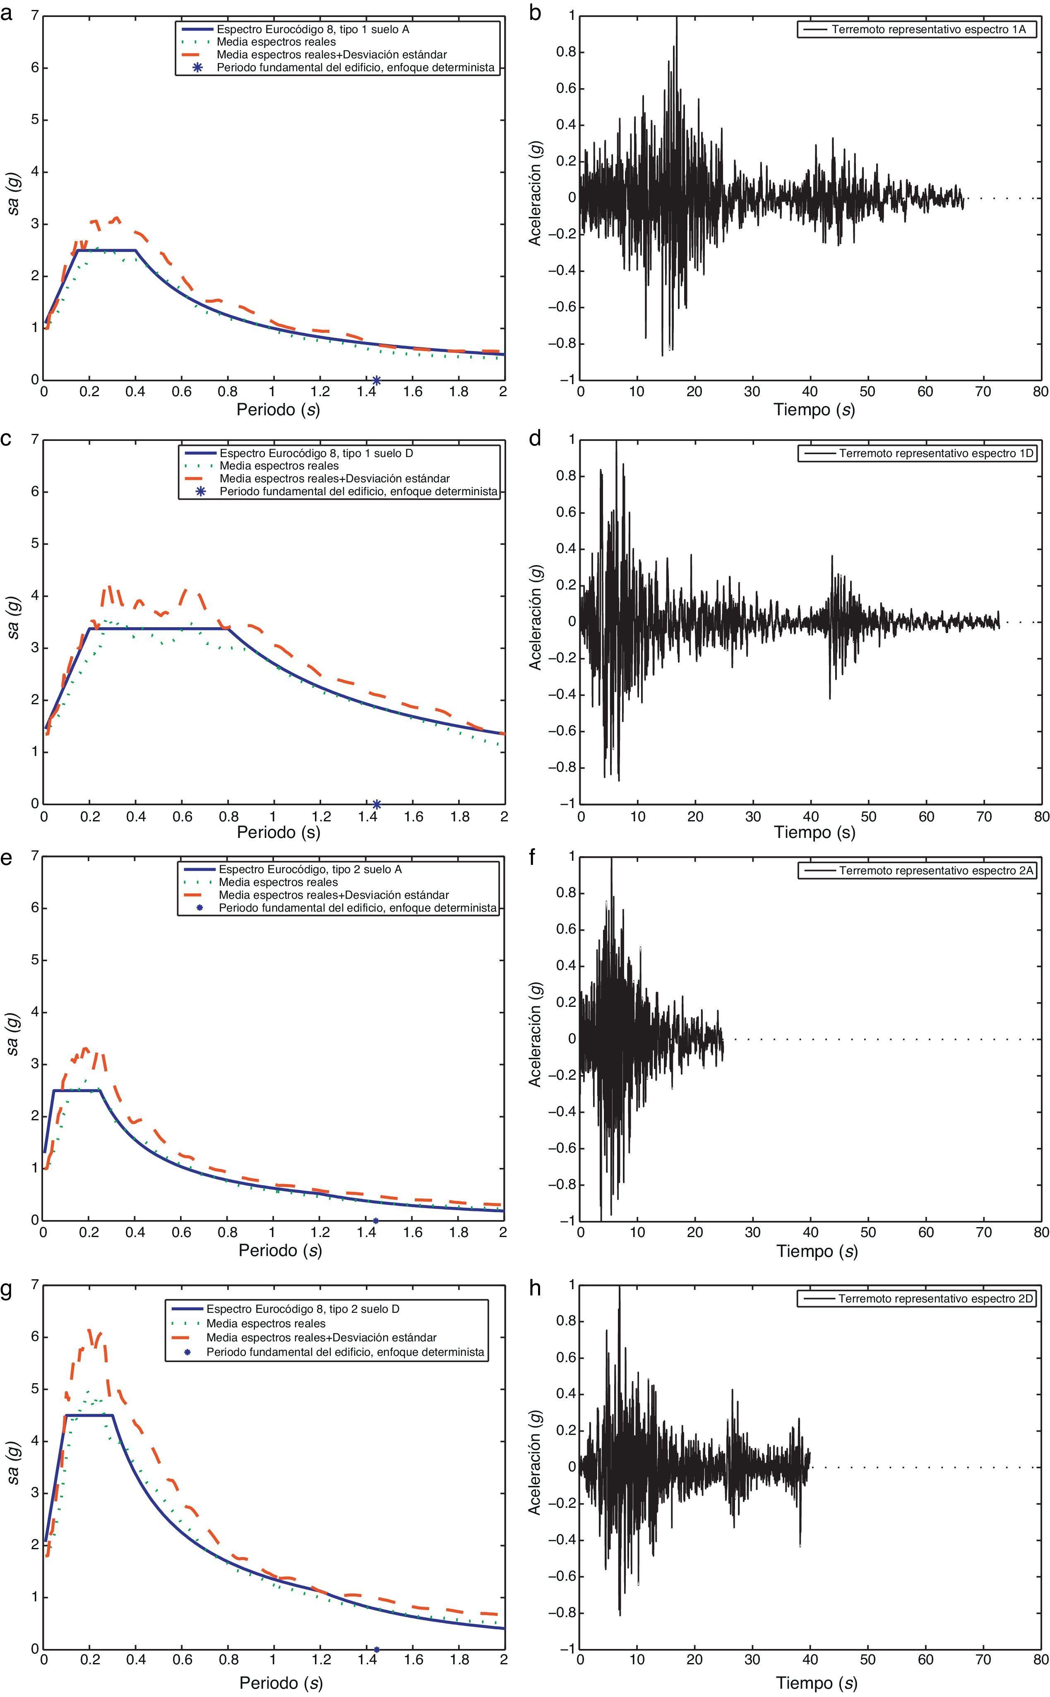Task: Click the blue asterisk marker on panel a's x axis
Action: (x=376, y=380)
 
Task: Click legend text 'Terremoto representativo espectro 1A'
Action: (x=928, y=30)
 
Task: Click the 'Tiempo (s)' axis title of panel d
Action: (x=815, y=832)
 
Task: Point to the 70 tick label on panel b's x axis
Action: (x=983, y=392)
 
